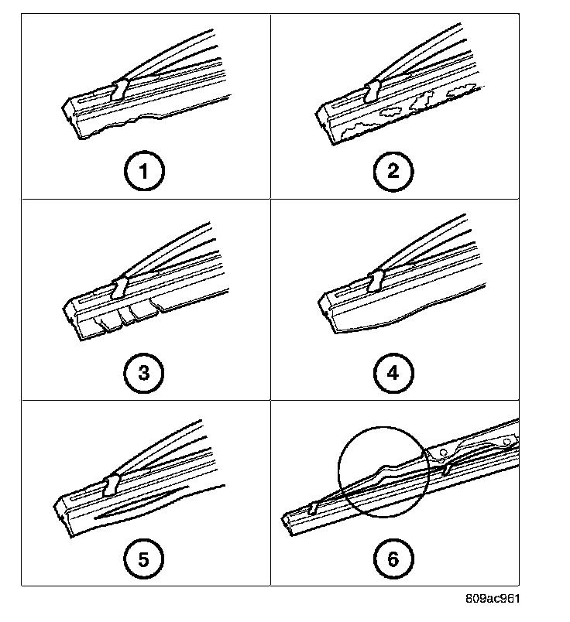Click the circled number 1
(x=143, y=172)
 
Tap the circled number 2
(x=393, y=172)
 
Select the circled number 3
(x=143, y=374)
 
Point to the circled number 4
(x=393, y=374)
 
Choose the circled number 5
(x=143, y=559)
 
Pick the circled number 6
(x=393, y=559)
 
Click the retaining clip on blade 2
(x=372, y=90)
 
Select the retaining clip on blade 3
(x=119, y=288)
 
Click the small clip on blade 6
(x=314, y=507)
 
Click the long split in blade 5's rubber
(x=136, y=506)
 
